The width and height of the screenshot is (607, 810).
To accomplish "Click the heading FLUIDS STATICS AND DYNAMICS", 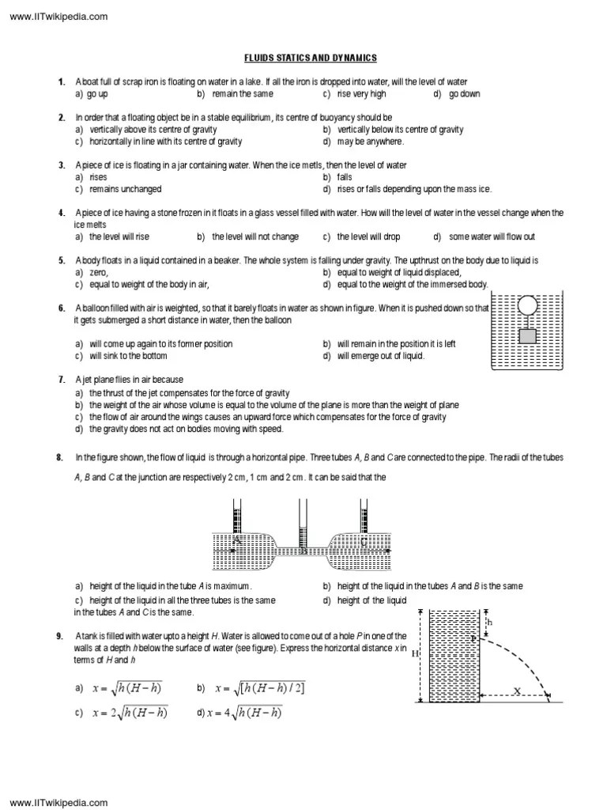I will (308, 58).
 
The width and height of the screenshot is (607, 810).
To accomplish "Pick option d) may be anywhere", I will (364, 142).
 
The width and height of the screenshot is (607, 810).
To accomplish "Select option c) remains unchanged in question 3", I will (119, 189).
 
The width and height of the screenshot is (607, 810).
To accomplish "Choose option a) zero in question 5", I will (92, 272).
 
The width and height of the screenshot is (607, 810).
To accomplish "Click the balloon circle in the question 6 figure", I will (526, 305).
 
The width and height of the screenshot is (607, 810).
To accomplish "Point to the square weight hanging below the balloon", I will (527, 335).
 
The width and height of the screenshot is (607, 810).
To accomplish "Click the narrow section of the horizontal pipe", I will (303, 549).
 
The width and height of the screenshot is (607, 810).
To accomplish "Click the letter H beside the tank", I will (414, 655).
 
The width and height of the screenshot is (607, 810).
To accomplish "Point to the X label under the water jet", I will (516, 691).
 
